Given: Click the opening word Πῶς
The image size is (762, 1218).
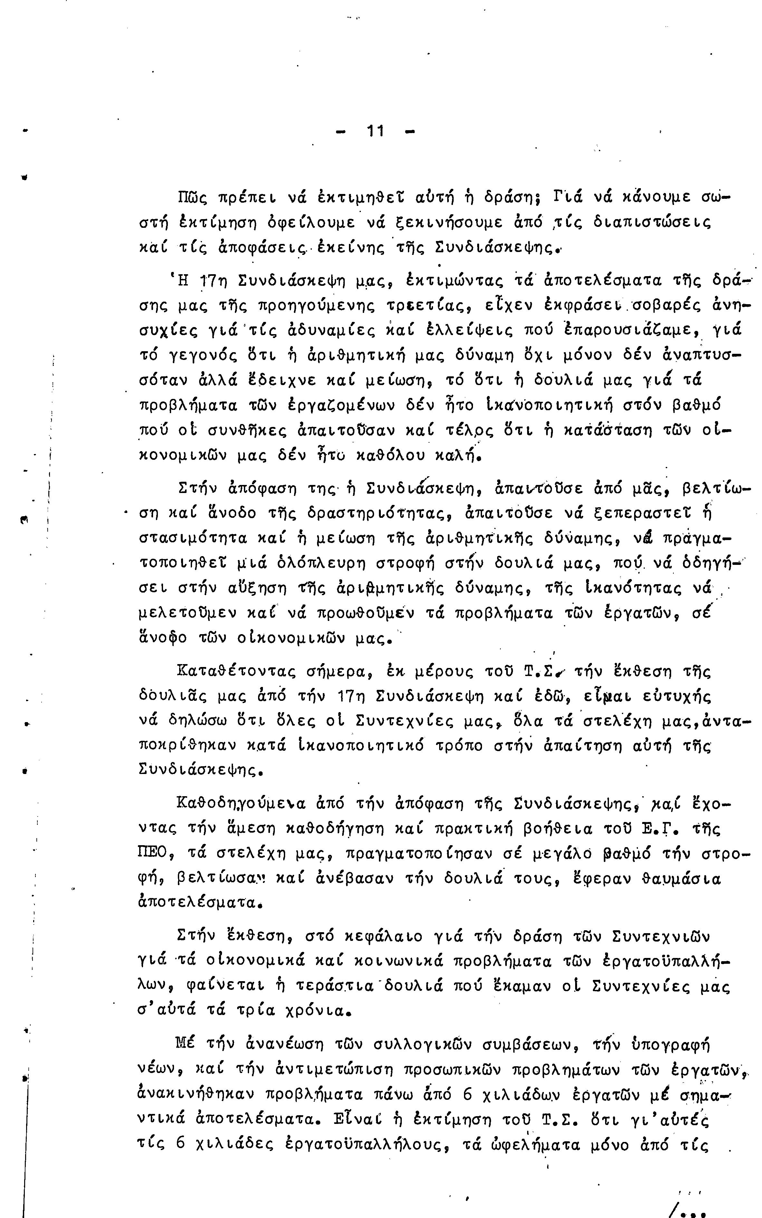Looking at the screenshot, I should pyautogui.click(x=193, y=197).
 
